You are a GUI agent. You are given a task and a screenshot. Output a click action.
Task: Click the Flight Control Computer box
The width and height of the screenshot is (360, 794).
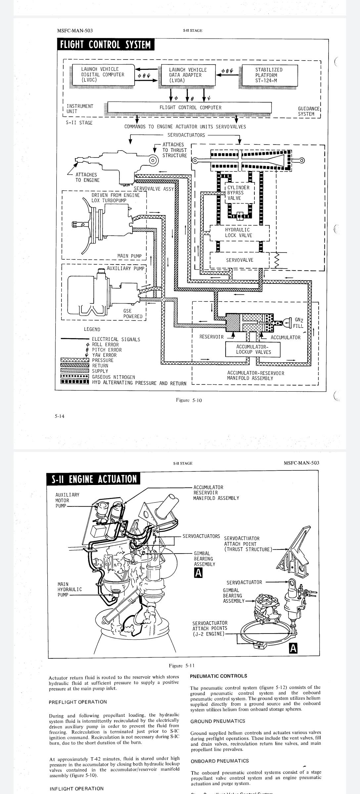pos(190,108)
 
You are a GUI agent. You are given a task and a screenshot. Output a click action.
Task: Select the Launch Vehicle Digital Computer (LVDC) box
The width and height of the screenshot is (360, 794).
pos(103,74)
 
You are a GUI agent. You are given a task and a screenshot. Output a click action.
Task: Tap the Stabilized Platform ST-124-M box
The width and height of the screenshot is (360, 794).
pos(270,75)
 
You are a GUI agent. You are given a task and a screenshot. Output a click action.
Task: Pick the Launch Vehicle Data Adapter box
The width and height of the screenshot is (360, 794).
pos(188,75)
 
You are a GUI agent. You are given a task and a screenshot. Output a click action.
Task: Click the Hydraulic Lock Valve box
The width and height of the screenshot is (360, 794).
pos(240,233)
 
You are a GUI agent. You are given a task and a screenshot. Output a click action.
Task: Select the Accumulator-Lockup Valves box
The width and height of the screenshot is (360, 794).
pos(253,349)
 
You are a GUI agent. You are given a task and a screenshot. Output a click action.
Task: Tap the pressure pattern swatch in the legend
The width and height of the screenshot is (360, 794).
pos(75,360)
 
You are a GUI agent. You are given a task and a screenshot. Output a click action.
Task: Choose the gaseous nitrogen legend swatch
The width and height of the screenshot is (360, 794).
pos(75,376)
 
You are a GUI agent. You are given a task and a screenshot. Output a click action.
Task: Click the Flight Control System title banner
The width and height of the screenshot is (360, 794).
pos(105,45)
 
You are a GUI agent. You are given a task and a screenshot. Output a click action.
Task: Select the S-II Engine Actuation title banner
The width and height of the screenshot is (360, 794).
pos(94,479)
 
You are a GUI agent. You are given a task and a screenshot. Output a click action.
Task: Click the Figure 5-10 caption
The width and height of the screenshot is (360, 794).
pos(189,400)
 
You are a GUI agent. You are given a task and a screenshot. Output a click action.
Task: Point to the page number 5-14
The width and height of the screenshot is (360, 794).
pos(60,416)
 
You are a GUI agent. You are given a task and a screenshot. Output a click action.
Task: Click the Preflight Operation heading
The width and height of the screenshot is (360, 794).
pos(78,702)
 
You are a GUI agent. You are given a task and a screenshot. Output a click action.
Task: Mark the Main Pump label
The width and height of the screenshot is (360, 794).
pos(129,256)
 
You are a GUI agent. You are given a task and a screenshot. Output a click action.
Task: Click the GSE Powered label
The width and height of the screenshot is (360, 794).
pos(133,314)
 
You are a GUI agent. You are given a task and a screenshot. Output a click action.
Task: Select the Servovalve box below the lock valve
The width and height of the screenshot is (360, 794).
pos(240,260)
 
